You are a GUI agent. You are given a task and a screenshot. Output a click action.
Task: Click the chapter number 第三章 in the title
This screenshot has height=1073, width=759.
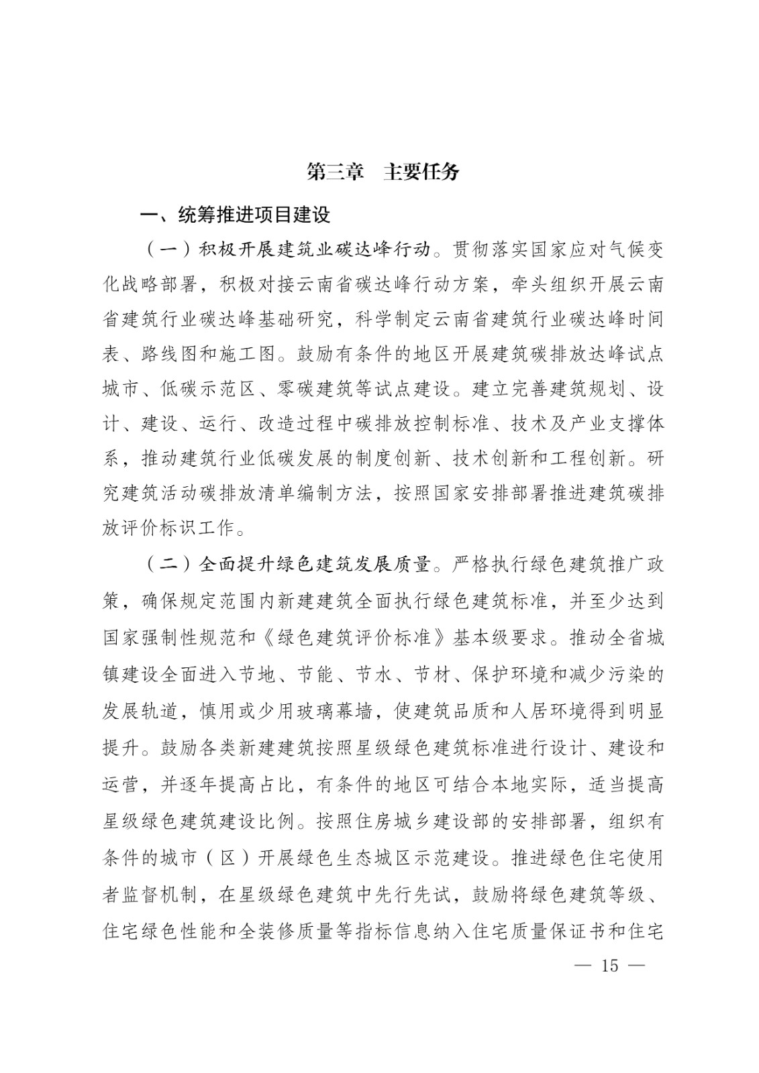pyautogui.click(x=335, y=172)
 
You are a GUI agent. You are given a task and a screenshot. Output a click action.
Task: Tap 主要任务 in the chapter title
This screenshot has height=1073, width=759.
pyautogui.click(x=421, y=172)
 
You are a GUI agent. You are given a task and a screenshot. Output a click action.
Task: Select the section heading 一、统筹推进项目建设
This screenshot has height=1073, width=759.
pyautogui.click(x=235, y=215)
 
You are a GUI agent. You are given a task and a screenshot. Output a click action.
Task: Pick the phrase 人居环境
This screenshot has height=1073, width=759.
pyautogui.click(x=529, y=710)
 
